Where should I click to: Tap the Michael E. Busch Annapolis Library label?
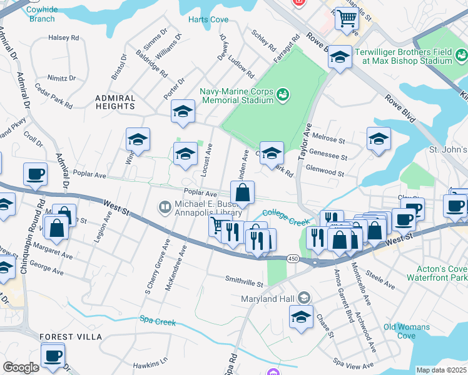point(201,206)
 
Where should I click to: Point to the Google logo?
point(21,367)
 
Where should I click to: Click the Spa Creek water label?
point(157,322)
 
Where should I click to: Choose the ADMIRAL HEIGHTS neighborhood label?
point(115,102)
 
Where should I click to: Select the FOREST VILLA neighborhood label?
point(71,337)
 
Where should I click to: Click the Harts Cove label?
point(208,19)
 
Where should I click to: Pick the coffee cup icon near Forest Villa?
point(53,355)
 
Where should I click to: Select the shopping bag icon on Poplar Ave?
point(243,192)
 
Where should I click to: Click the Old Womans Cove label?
point(407,331)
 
